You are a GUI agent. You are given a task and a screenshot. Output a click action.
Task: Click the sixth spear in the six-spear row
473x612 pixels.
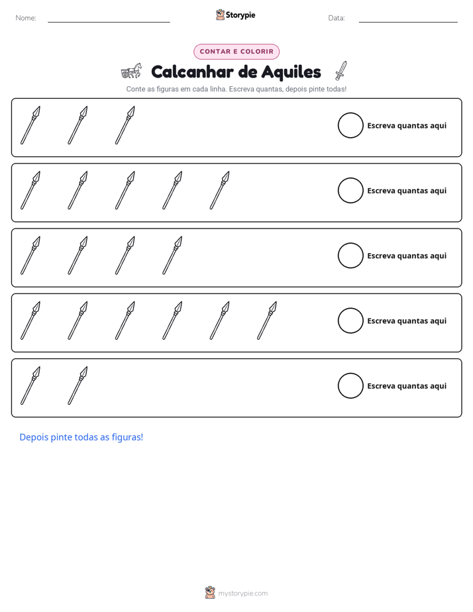[x=267, y=321]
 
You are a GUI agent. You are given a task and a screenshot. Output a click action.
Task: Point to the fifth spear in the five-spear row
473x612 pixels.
[x=219, y=191]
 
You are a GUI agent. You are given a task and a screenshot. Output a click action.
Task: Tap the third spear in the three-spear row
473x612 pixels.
[x=125, y=125]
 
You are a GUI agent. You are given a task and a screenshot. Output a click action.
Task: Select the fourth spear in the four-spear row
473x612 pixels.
[x=172, y=256]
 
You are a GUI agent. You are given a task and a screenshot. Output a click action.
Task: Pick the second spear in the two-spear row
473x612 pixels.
[x=78, y=385]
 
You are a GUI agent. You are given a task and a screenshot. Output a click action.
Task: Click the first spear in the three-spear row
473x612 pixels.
[x=30, y=125]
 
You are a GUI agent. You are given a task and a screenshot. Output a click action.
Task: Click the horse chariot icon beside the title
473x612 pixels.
[x=131, y=71]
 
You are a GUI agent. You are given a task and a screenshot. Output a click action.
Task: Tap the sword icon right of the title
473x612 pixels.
[x=341, y=71]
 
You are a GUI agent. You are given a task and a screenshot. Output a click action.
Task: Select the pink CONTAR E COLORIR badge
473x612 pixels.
[x=236, y=52]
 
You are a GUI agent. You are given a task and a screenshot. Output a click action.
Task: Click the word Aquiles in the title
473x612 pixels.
[x=291, y=72]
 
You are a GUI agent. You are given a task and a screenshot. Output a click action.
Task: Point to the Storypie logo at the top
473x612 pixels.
[x=235, y=15]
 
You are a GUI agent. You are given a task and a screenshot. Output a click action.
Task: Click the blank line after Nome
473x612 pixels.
[x=109, y=22]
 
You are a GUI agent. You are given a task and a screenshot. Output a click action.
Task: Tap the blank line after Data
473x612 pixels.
[x=408, y=22]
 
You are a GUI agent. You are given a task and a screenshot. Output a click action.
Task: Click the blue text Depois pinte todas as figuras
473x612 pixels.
[x=81, y=437]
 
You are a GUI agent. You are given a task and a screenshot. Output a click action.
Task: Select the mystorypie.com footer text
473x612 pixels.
[x=242, y=593]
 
